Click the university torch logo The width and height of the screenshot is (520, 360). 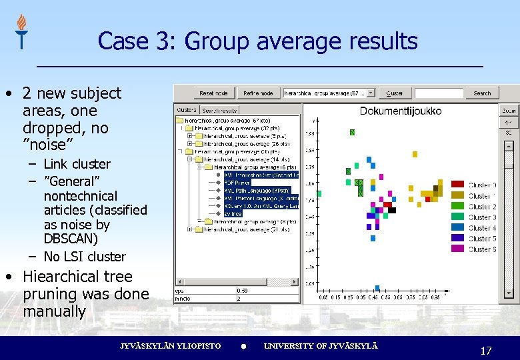point(22,31)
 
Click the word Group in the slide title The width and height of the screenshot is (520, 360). point(216,41)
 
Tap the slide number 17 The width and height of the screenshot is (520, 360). point(485,350)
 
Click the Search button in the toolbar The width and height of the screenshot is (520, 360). point(482,93)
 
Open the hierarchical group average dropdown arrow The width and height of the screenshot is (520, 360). point(371,93)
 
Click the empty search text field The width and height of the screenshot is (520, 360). point(438,93)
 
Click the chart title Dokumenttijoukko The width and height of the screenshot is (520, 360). point(400,111)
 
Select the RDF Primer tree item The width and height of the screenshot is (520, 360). point(239,181)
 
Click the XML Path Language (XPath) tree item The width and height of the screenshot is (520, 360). point(257,190)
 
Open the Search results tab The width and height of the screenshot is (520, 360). point(219,109)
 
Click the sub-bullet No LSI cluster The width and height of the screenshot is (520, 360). point(85,257)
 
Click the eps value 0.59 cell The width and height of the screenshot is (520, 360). point(244,291)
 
